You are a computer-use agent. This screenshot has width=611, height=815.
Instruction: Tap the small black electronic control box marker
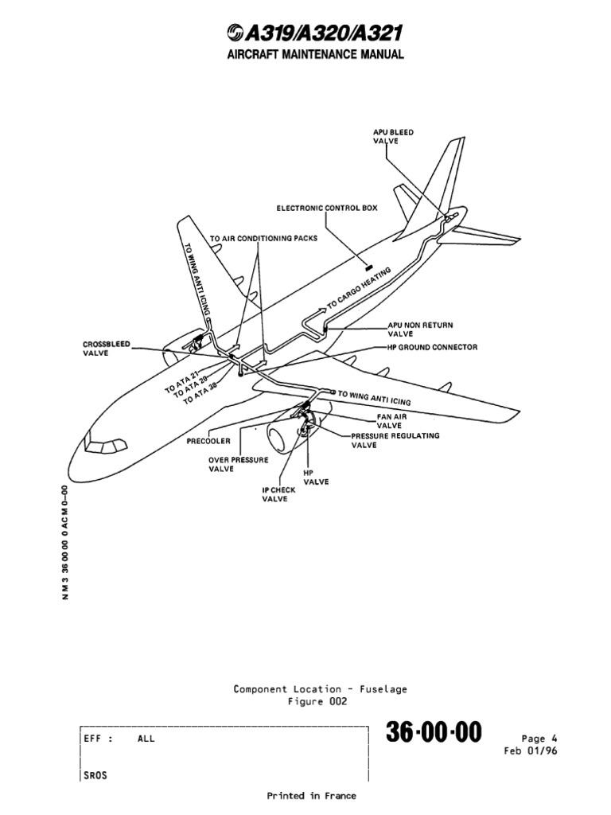(369, 263)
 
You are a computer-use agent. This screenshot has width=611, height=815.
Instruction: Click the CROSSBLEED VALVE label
(107, 349)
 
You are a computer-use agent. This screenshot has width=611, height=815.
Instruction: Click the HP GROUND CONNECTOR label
(426, 348)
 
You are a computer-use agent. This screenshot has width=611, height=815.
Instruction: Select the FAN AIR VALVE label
(391, 421)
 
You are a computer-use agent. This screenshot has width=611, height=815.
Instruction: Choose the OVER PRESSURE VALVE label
(238, 464)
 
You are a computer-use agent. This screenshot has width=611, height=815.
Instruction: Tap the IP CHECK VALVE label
(278, 494)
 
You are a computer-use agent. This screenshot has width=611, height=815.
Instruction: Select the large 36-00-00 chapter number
(434, 734)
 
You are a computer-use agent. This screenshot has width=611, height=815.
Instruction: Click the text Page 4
(535, 738)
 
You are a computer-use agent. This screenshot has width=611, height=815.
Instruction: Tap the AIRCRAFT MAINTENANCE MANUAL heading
(304, 54)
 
